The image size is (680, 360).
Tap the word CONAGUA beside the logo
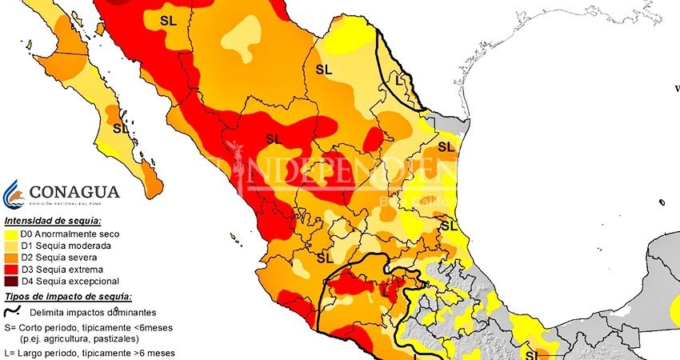(74, 192)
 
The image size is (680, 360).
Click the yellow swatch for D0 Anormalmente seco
(10, 234)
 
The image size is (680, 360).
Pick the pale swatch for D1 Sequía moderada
(10, 246)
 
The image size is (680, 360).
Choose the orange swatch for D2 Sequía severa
(10, 258)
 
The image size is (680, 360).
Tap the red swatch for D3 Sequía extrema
(10, 270)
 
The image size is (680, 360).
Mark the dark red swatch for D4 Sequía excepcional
(10, 282)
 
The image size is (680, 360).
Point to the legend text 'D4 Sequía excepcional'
(70, 282)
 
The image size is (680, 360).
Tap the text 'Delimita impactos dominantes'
(87, 314)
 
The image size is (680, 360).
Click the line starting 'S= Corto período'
(86, 328)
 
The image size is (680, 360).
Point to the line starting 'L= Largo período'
(87, 353)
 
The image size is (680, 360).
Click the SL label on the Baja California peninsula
(120, 128)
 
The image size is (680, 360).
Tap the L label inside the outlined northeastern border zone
(401, 79)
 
